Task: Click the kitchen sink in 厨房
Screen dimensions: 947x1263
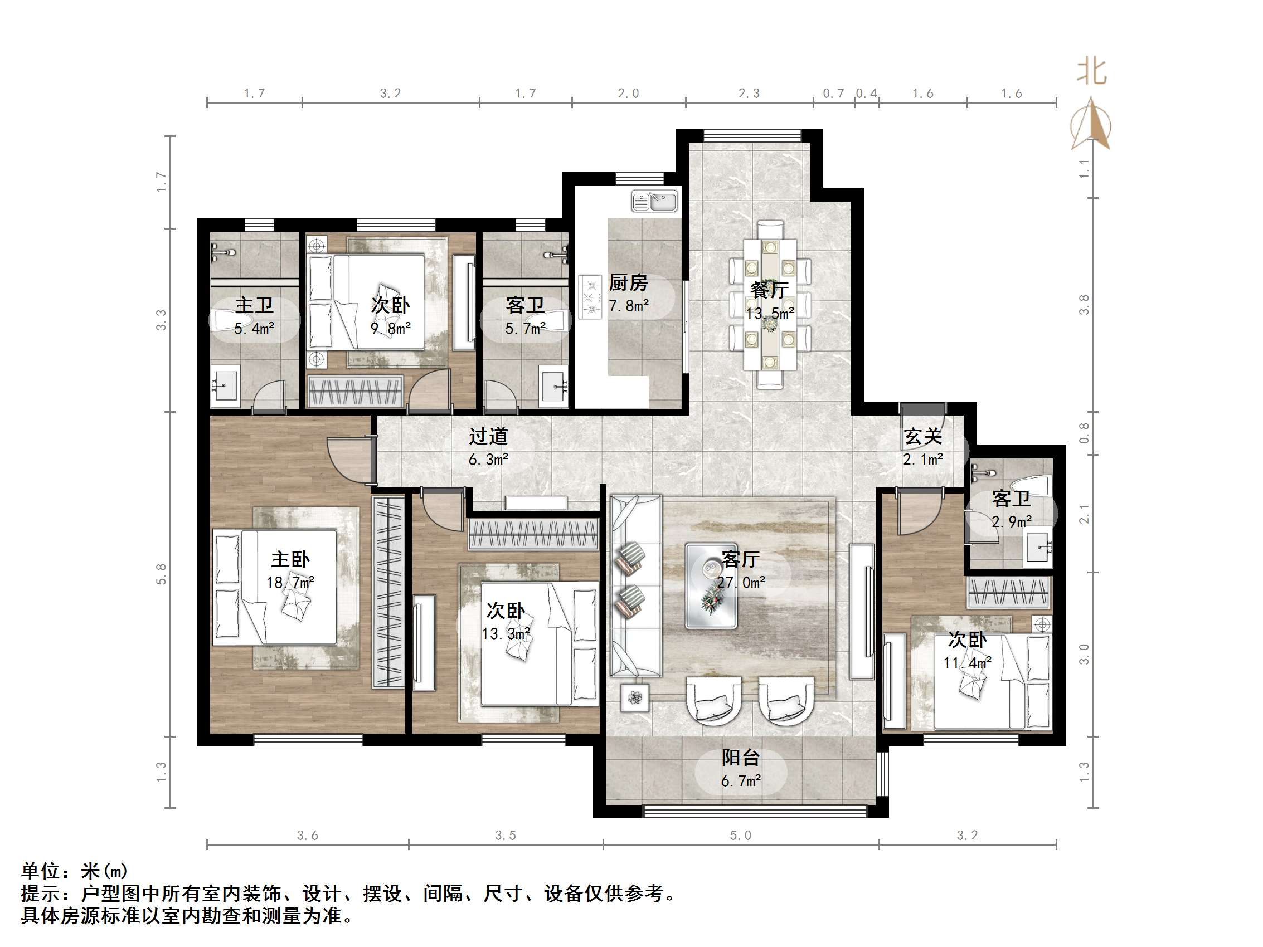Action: click(x=654, y=202)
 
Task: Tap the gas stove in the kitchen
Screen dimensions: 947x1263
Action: click(x=590, y=297)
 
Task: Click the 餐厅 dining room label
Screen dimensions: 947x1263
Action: click(x=770, y=290)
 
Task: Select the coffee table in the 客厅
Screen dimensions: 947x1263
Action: click(x=711, y=585)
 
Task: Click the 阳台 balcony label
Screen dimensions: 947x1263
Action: click(x=741, y=758)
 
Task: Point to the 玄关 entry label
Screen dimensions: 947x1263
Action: click(x=922, y=437)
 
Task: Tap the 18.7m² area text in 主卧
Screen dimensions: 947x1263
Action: click(x=290, y=583)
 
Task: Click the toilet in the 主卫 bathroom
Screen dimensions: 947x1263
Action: click(x=229, y=321)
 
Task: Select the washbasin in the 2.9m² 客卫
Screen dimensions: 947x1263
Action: click(x=1037, y=548)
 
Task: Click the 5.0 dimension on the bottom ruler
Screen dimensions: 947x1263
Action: click(x=741, y=836)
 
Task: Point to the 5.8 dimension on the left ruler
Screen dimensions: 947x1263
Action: click(x=162, y=574)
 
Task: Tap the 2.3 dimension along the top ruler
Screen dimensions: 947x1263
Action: click(x=749, y=94)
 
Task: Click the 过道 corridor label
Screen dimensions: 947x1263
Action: click(x=488, y=437)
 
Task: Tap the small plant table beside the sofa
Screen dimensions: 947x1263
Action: click(x=635, y=697)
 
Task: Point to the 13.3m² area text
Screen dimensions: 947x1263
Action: click(x=506, y=633)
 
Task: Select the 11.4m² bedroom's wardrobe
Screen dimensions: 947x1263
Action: click(x=1008, y=592)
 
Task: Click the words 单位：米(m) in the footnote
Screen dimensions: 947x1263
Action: click(x=74, y=871)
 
